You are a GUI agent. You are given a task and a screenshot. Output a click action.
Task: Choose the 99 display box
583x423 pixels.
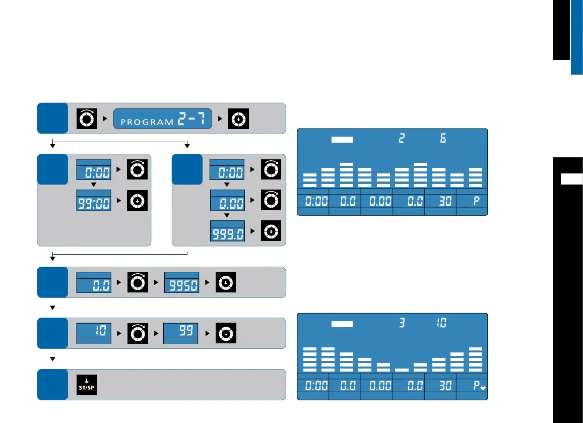[x=181, y=333]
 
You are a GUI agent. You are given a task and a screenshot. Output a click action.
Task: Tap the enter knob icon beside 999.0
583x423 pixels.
[x=271, y=231]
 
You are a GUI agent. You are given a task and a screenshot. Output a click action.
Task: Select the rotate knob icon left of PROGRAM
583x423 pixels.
[x=86, y=117]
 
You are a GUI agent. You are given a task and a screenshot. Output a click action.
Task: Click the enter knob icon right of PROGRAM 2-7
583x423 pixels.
[x=238, y=117]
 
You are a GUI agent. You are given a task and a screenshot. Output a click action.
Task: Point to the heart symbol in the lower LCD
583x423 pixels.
[x=482, y=389]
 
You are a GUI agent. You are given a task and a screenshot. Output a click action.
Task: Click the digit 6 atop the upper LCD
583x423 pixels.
[x=443, y=138]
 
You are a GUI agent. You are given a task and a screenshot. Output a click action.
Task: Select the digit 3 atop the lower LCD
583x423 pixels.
[x=402, y=322]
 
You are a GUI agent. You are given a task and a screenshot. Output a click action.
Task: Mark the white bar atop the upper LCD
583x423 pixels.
[x=343, y=139]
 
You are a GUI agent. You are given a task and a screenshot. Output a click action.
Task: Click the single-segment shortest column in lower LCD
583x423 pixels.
[x=402, y=370]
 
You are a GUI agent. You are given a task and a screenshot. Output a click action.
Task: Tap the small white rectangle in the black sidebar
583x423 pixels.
[x=571, y=179]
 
